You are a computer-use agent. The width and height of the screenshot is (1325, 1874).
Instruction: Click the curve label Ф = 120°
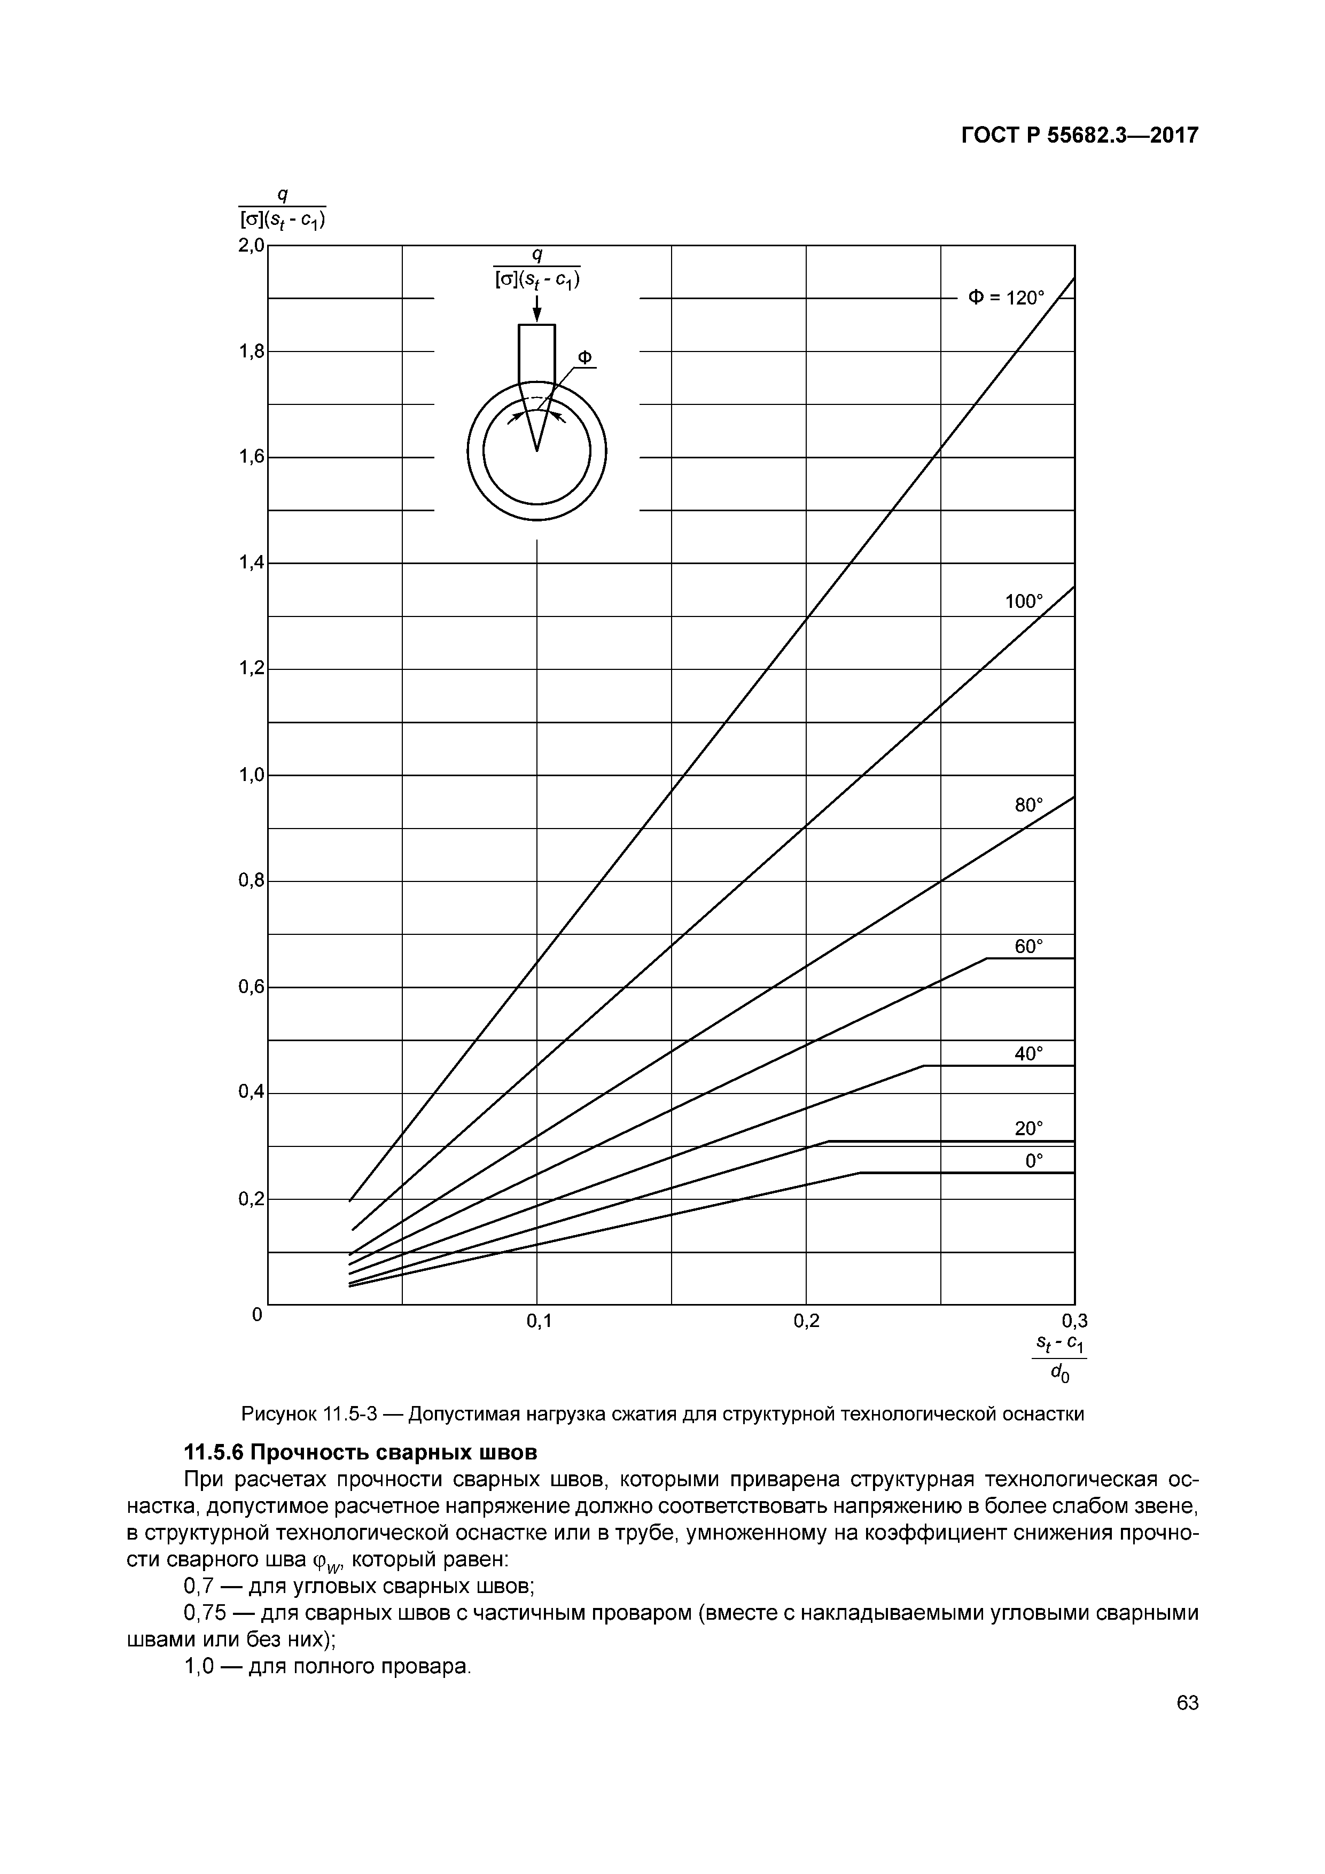(x=1006, y=298)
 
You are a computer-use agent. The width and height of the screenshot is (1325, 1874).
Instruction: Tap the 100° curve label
(x=1024, y=602)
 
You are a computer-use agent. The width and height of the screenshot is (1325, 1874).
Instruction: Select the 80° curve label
(x=1028, y=805)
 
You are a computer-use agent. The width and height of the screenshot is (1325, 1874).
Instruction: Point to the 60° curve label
(x=1028, y=947)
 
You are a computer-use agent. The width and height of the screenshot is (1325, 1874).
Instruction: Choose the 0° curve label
(x=1034, y=1161)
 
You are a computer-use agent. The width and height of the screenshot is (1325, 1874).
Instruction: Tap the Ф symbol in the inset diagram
(x=584, y=357)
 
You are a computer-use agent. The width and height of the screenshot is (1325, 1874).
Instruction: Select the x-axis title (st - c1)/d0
(x=1059, y=1359)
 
